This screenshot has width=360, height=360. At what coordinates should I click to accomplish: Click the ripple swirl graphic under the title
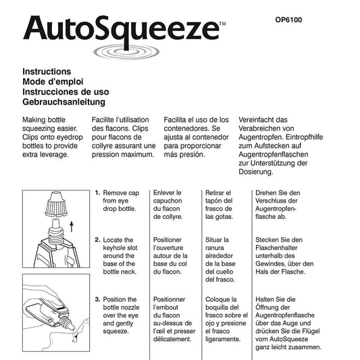click(x=120, y=53)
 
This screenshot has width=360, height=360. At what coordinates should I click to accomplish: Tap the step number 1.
click(x=98, y=192)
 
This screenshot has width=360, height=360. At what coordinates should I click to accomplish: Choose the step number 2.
click(x=98, y=240)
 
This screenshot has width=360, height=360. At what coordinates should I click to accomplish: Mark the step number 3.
click(x=98, y=299)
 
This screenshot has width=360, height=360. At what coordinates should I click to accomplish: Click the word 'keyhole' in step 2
click(x=118, y=249)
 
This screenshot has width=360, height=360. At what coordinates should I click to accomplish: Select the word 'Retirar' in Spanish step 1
click(x=219, y=192)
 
